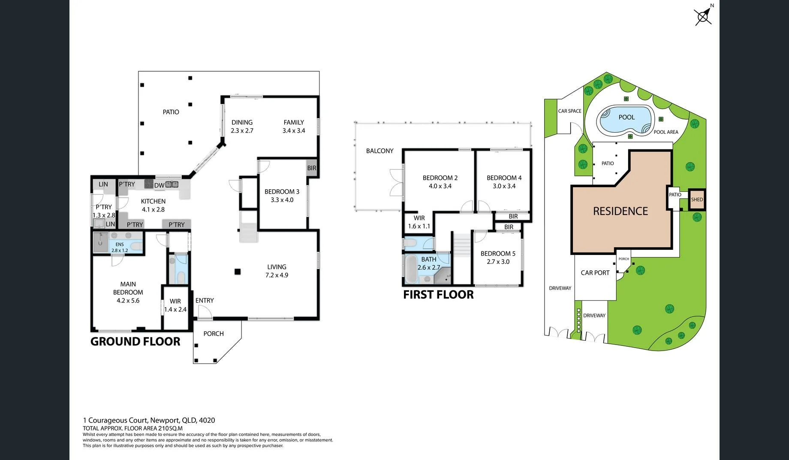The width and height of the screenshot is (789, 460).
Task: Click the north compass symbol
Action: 703,16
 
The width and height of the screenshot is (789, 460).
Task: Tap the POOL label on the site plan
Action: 626,117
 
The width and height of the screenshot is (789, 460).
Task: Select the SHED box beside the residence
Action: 697,200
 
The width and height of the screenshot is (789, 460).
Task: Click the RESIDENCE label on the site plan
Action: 620,211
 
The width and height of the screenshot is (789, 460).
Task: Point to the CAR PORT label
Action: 595,272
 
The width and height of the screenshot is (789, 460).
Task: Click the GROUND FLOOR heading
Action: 135,342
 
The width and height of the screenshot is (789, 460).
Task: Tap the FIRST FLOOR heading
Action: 438,294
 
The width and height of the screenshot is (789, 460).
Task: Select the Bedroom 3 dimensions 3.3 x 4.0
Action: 282,200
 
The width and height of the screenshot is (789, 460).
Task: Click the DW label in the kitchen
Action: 159,185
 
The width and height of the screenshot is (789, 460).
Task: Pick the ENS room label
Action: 120,245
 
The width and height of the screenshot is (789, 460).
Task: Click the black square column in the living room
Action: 238,271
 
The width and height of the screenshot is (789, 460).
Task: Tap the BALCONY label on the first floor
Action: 380,151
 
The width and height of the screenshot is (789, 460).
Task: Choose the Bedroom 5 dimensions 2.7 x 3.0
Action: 498,262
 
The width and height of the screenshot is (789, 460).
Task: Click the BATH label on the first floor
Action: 429,259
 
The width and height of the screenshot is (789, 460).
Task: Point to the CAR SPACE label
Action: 570,111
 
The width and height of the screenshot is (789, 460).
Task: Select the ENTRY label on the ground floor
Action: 205,300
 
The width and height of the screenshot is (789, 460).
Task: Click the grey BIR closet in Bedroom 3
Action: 312,168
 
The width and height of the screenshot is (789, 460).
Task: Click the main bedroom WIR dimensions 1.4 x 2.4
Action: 175,309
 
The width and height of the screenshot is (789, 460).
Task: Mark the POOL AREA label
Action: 666,132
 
